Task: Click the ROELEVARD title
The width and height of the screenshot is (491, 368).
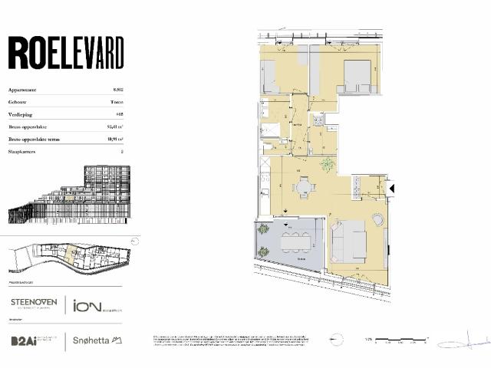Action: pos(65,54)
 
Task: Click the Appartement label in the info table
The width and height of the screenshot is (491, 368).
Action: pos(23,90)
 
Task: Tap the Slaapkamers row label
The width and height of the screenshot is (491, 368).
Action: pos(23,152)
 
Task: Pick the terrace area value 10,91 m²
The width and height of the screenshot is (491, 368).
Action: pos(118,139)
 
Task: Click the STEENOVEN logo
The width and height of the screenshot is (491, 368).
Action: pos(33,304)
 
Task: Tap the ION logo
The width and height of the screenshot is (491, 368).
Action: pos(95,305)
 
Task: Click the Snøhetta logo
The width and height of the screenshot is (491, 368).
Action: pos(97,340)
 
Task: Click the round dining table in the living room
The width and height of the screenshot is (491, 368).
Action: pos(305,186)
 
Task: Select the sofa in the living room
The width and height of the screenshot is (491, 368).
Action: pos(349,239)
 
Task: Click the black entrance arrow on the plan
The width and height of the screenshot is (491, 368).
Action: pos(392,187)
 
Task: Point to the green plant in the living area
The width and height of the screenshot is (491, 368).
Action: pos(328,163)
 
